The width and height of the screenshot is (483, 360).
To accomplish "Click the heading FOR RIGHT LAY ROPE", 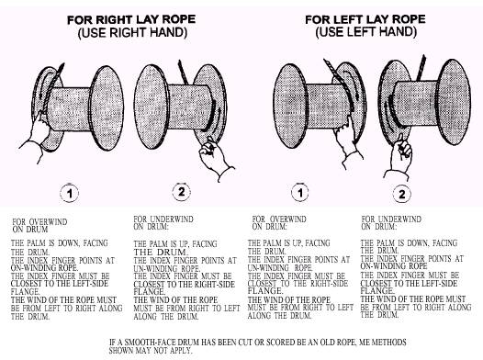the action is click(x=131, y=19).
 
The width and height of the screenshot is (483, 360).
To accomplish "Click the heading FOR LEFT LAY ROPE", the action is click(x=365, y=19).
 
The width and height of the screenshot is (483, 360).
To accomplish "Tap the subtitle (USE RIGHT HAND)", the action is click(x=132, y=33).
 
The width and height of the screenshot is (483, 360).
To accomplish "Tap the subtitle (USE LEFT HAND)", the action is click(x=366, y=32).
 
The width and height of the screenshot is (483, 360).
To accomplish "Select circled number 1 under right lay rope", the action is click(x=69, y=194).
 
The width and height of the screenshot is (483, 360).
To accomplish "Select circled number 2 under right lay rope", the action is click(x=182, y=192).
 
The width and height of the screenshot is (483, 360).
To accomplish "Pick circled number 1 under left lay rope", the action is click(x=300, y=193).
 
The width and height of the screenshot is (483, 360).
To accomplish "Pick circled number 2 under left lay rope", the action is click(x=402, y=194).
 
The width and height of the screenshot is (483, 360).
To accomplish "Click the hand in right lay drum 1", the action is click(x=35, y=136).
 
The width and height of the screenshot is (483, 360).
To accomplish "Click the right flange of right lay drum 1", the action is click(x=107, y=107).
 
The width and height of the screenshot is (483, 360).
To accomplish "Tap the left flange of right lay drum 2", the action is click(x=152, y=107).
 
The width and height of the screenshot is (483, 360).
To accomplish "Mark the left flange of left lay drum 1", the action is click(x=290, y=106).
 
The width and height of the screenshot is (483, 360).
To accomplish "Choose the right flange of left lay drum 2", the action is click(x=454, y=102).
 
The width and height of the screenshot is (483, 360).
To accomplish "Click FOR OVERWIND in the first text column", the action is click(x=39, y=222).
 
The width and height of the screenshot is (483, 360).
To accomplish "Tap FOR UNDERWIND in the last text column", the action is click(x=391, y=219).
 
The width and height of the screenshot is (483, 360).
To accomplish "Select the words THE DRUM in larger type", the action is click(x=160, y=253).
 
